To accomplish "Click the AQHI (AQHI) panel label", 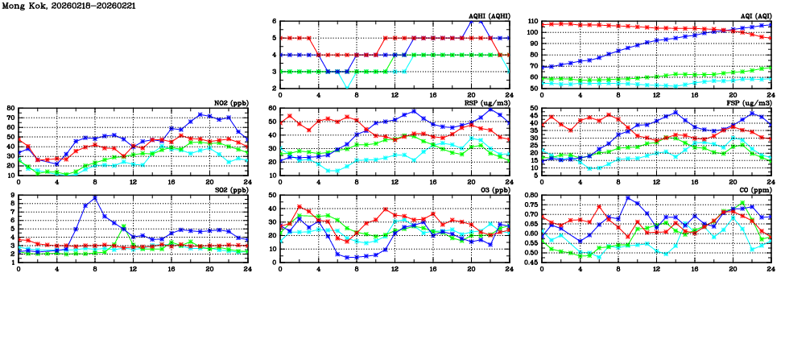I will (x=490, y=16).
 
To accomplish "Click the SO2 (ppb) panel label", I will (x=232, y=190).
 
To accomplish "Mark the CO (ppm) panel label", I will (x=755, y=190).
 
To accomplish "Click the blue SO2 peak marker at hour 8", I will (x=95, y=197).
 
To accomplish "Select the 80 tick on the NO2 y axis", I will (x=10, y=108).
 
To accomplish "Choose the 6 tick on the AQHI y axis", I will (x=275, y=22).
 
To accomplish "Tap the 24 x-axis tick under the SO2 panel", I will (x=248, y=268).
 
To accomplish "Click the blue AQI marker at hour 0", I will (x=542, y=68).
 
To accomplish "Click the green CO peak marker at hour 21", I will (x=742, y=204).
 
